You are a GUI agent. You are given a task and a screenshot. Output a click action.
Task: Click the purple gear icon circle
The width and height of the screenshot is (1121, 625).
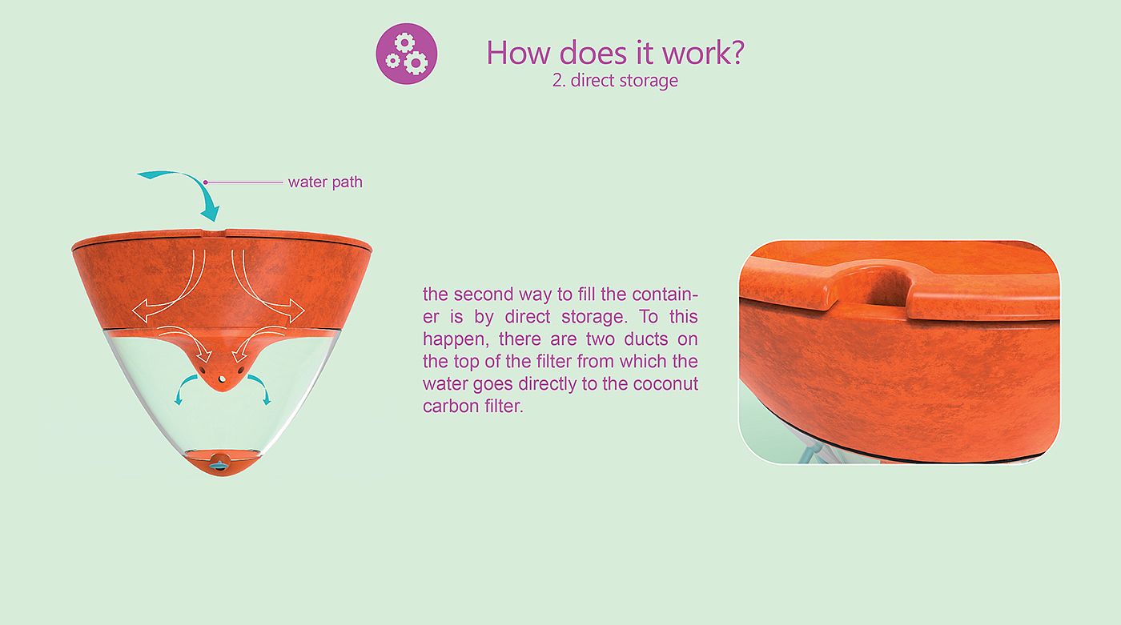[x=407, y=54]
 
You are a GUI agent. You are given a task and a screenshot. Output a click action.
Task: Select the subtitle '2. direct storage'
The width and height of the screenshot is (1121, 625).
[x=615, y=81]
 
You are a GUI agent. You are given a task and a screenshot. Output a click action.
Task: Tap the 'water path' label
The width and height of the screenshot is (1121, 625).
[x=325, y=182]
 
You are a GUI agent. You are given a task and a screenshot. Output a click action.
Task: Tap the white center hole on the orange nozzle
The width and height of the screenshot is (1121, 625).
[x=222, y=379]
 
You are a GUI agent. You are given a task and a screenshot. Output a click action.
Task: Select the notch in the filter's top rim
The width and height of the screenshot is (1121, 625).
[x=214, y=232]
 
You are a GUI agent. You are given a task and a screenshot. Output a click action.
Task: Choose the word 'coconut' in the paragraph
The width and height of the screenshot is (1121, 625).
[x=665, y=384]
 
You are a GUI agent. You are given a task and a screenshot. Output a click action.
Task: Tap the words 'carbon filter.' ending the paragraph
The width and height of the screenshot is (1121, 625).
[x=473, y=406]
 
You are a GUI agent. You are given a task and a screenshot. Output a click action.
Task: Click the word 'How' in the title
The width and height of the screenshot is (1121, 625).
[x=518, y=53]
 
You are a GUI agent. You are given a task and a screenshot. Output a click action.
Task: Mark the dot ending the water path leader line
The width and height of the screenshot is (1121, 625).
[x=206, y=182]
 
